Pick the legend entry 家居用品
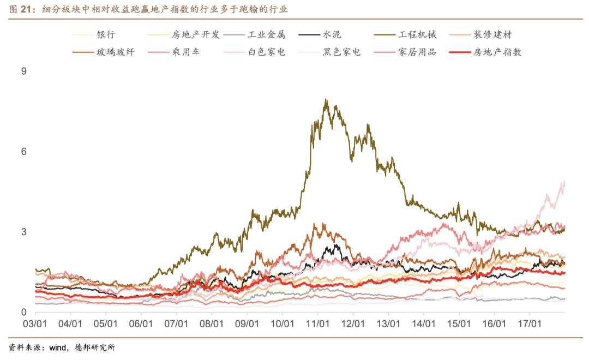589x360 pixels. [417, 52]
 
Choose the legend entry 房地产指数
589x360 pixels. [497, 52]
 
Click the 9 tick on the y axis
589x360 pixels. [23, 71]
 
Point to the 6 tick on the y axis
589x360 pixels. [23, 152]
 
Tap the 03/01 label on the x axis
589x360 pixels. [35, 323]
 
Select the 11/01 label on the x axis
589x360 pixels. [317, 323]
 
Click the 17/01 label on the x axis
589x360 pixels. [529, 323]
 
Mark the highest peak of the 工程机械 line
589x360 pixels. [326, 99]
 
